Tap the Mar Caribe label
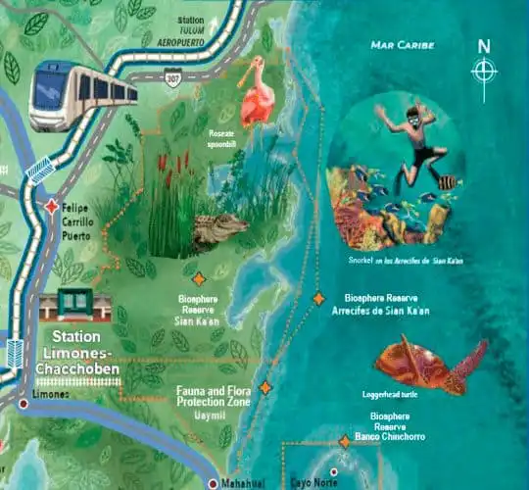click(x=403, y=45)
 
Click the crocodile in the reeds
click(x=219, y=230)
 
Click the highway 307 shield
click(x=172, y=76)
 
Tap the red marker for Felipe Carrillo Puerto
click(x=51, y=207)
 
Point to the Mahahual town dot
click(x=213, y=483)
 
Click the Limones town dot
click(x=23, y=403)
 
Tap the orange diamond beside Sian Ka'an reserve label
click(x=199, y=279)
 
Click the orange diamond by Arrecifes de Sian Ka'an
click(x=318, y=298)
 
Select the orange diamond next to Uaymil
click(x=264, y=388)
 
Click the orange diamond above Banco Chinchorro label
click(x=344, y=442)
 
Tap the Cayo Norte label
click(x=312, y=482)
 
